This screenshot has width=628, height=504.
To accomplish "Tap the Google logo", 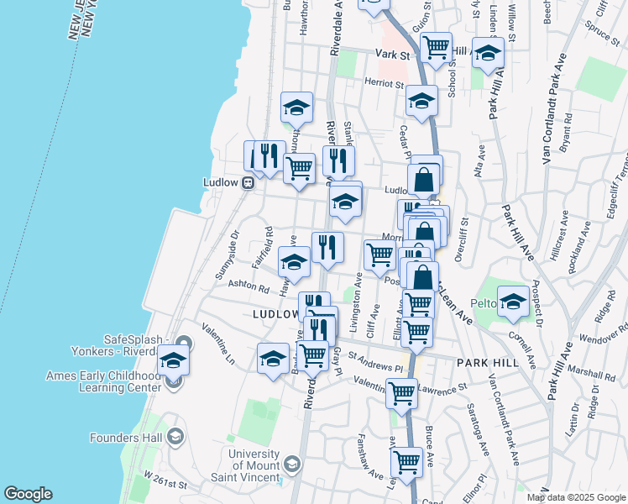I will tap(28, 494).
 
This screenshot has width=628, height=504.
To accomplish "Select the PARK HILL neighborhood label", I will tap(489, 363).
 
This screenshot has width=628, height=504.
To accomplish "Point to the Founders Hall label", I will tap(127, 437).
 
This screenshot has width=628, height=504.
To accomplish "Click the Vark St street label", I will tap(391, 55).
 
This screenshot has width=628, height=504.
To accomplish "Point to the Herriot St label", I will tap(384, 82).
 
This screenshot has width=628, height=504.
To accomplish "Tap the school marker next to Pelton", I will tap(512, 301).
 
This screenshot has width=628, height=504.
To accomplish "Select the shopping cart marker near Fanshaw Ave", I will tap(406, 459).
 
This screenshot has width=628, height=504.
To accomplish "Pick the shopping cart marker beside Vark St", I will tap(436, 47).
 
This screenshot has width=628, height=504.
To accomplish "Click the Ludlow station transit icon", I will tap(249, 182).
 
